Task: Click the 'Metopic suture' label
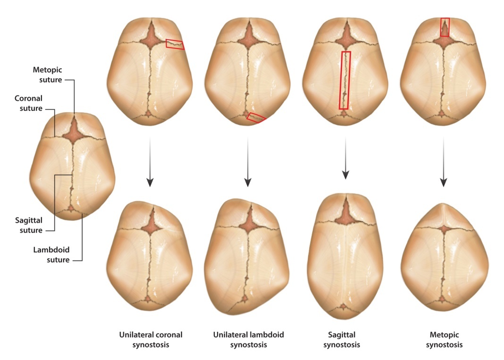47,75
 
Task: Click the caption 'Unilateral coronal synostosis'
150,339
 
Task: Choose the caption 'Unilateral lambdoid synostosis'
248,339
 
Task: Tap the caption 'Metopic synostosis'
444,339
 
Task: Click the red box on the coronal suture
175,44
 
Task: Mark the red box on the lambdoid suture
256,117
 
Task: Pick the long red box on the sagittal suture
345,80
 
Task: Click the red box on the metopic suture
445,27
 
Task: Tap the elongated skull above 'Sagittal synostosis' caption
345,255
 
